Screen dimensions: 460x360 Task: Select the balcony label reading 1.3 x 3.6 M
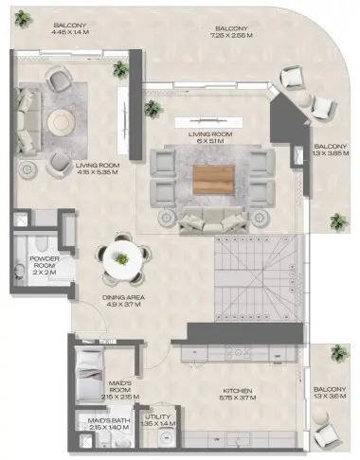pyautogui.click(x=331, y=395)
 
